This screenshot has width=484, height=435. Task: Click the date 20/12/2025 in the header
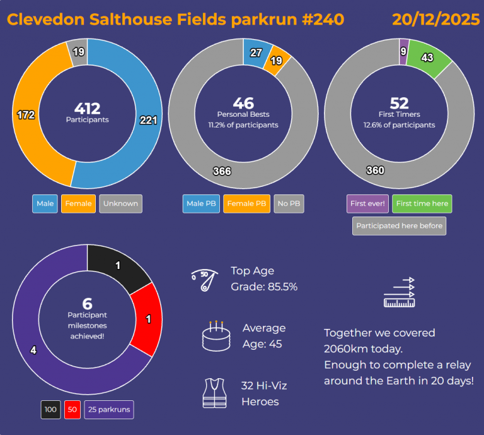pos(436,20)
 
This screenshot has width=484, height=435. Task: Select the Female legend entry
pos(78,204)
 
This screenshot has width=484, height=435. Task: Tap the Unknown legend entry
pos(120,204)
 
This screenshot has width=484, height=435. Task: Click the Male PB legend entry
pos(200,204)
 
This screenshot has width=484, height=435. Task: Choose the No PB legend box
pos(289,204)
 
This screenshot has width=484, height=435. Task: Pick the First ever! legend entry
pos(367,204)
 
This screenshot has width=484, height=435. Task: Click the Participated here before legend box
pos(399,226)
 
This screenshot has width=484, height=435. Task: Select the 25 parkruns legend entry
pos(108,410)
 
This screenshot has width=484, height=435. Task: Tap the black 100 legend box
pos(50,410)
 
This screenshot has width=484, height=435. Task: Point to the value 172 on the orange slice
pos(25,115)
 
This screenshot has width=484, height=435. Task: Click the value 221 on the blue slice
pos(148,120)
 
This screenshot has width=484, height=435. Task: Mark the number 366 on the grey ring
pos(222,171)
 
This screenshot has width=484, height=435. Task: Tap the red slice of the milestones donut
pos(147,319)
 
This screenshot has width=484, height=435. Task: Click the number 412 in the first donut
pos(87,109)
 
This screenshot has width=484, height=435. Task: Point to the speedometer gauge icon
pos(205,278)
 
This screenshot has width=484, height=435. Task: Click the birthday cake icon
pos(215,335)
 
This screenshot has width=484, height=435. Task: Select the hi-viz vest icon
pos(214,393)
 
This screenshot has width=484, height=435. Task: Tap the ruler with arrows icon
pos(400,292)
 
